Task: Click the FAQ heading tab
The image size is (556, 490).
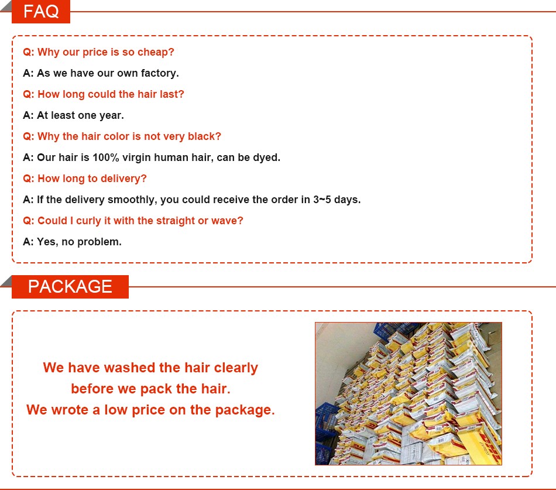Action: click(x=41, y=12)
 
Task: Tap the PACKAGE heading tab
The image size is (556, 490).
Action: click(x=70, y=286)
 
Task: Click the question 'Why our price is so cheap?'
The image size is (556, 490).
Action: click(x=98, y=52)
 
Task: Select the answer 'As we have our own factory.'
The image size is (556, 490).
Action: click(x=101, y=73)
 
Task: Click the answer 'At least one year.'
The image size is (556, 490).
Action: click(x=73, y=115)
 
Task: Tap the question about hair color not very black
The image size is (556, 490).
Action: click(x=122, y=136)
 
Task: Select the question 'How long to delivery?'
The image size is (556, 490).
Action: click(x=85, y=179)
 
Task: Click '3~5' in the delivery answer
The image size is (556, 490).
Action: click(x=322, y=200)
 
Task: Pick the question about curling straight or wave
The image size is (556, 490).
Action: click(x=133, y=221)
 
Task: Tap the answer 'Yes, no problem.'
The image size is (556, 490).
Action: click(x=72, y=242)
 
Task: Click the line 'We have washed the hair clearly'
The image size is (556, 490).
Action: click(x=150, y=368)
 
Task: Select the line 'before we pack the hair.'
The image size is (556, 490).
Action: click(x=150, y=389)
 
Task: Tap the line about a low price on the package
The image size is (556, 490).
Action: click(x=150, y=410)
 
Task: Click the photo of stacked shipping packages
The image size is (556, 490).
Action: click(x=408, y=393)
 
